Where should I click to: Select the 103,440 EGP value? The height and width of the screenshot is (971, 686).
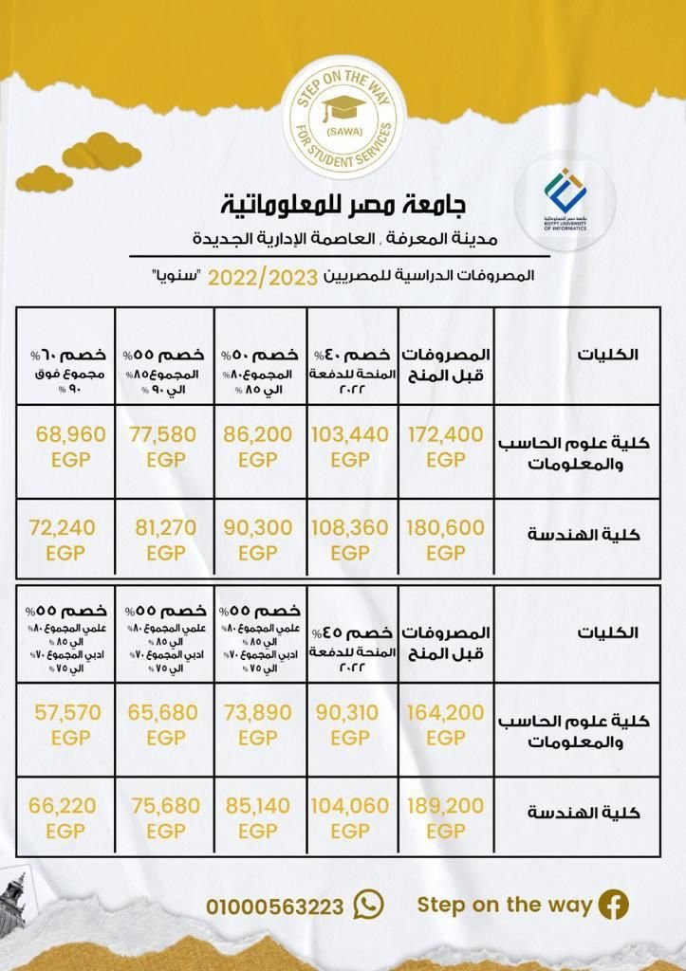(x=350, y=447)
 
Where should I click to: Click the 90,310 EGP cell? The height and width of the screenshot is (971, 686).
(x=350, y=724)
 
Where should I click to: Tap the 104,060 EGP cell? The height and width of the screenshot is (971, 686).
(x=350, y=817)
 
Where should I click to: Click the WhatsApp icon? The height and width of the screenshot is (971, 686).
(x=368, y=905)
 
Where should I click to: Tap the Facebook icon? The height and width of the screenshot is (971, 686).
(x=613, y=905)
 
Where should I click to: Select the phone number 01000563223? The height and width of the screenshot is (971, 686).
(x=275, y=907)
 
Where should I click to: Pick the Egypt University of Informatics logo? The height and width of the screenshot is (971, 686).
(x=565, y=199)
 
